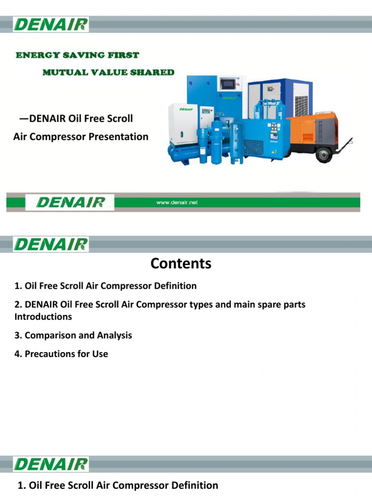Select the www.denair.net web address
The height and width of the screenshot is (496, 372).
(x=177, y=202)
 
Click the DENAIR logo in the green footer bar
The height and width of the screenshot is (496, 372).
(x=71, y=202)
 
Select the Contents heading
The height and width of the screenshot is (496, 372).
(x=181, y=263)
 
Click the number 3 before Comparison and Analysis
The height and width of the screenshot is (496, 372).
(x=17, y=335)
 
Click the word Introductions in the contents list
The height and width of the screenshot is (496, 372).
(x=43, y=317)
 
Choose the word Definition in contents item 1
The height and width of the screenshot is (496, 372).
(x=173, y=286)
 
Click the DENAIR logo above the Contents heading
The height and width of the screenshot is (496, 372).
(x=51, y=245)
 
